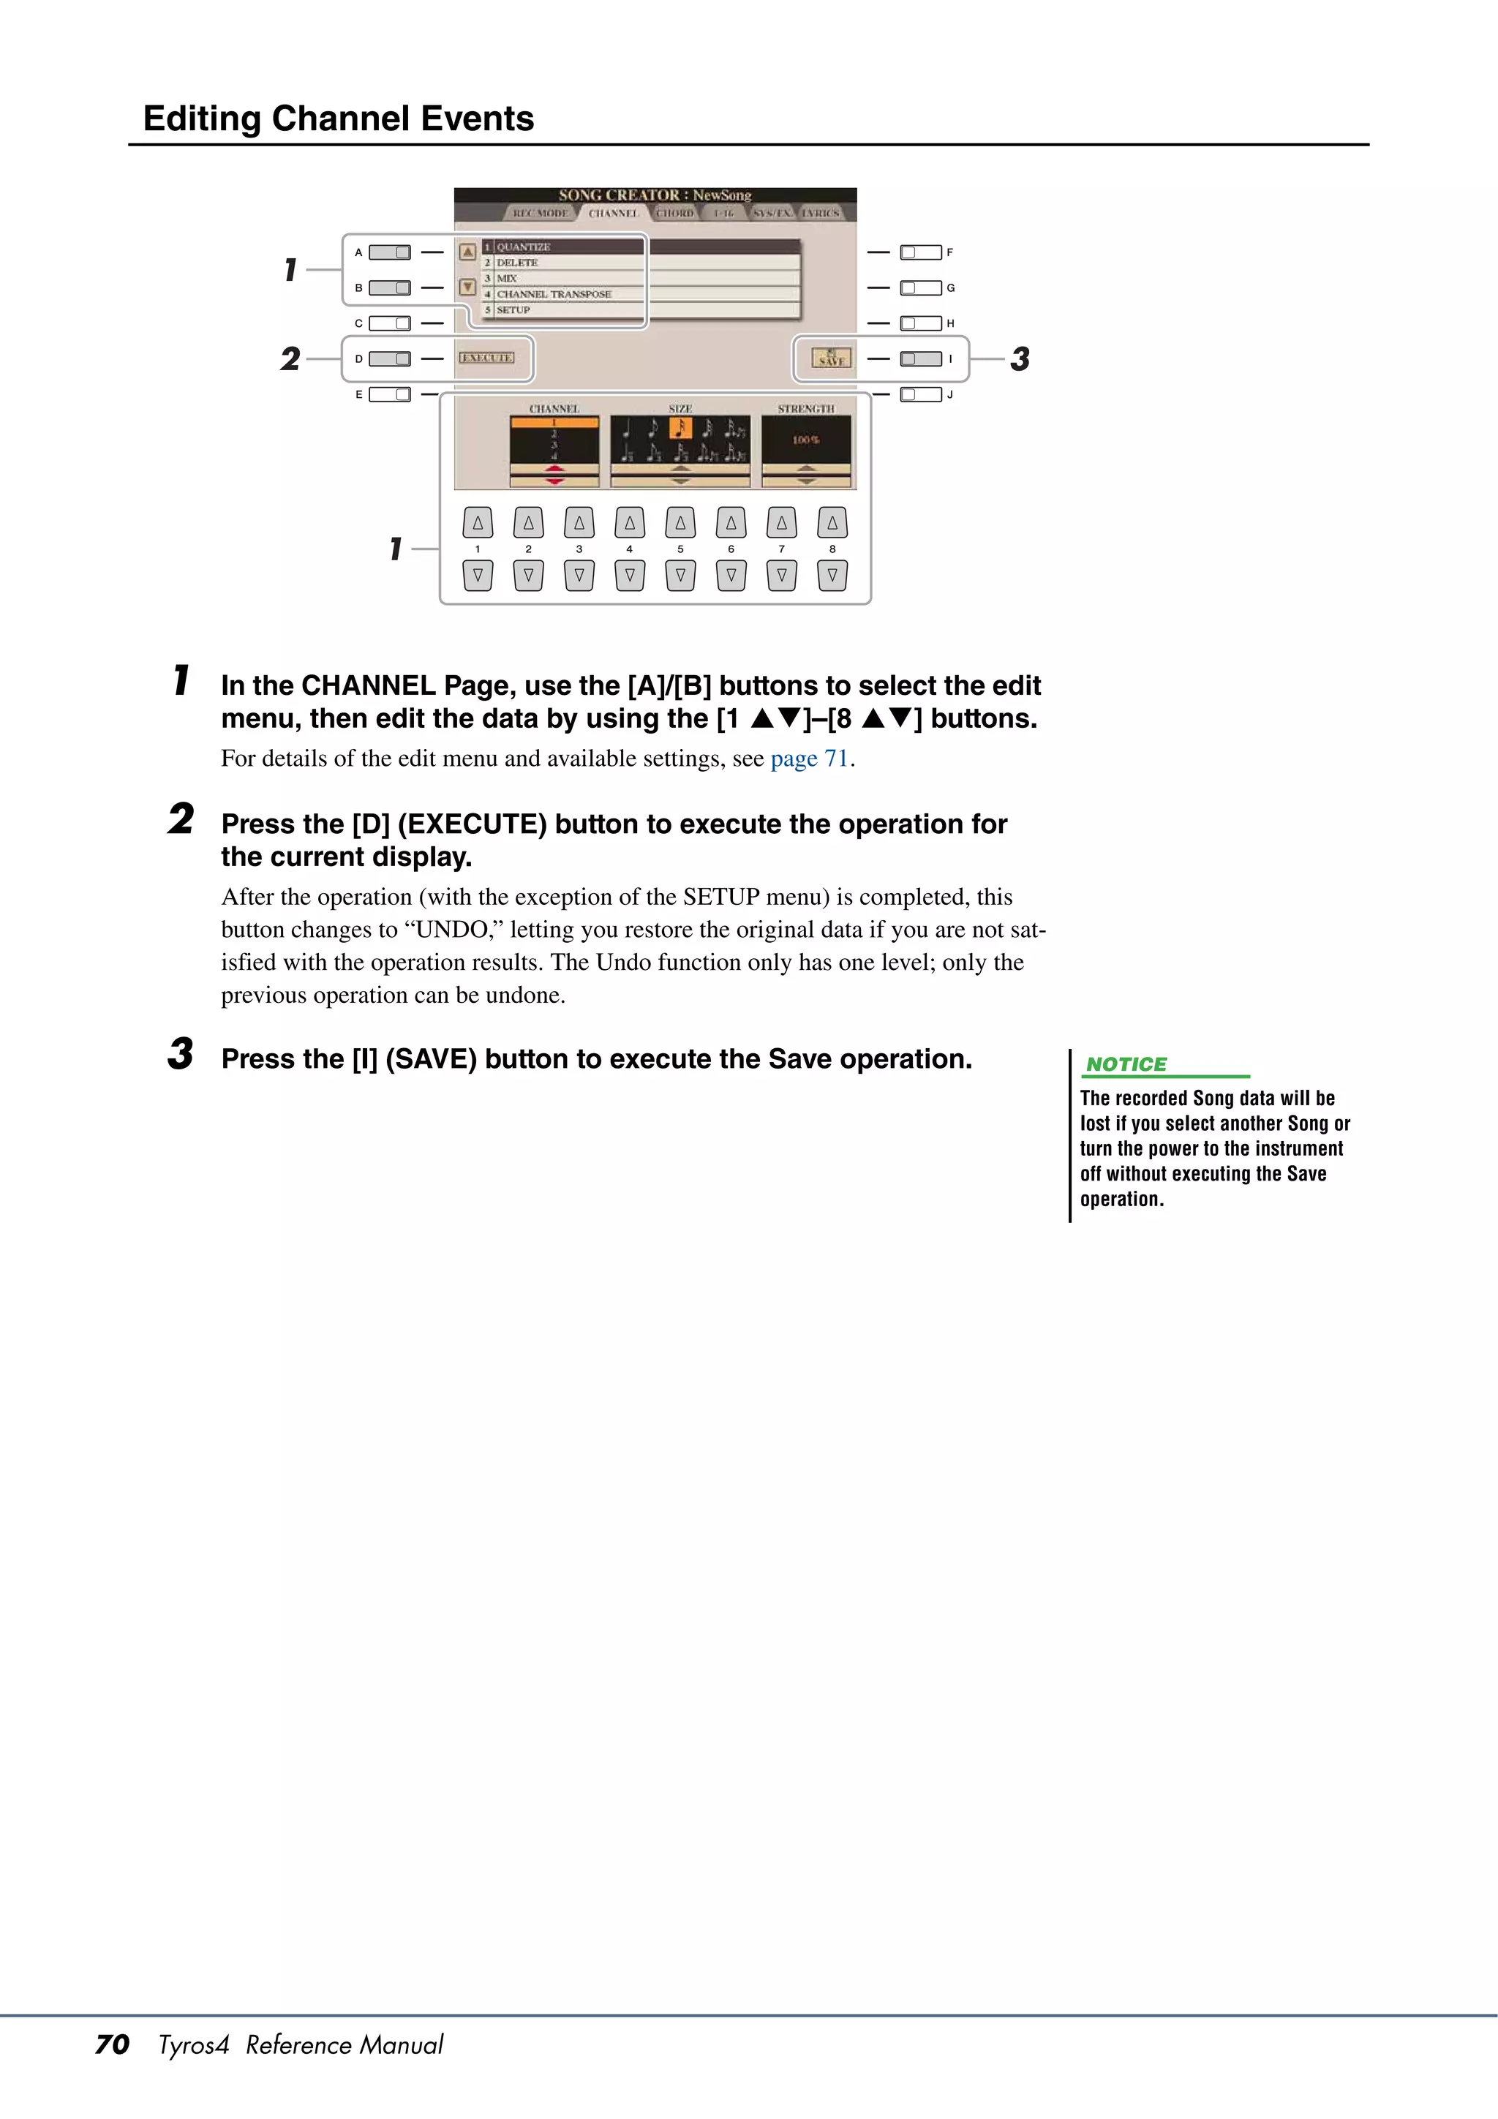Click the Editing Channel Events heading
click(x=338, y=119)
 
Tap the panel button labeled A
click(x=390, y=252)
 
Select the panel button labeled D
click(x=390, y=359)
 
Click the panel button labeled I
click(x=921, y=359)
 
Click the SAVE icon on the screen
click(x=831, y=358)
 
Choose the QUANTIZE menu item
click(x=523, y=247)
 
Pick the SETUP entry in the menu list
click(x=513, y=310)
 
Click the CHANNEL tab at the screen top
click(x=613, y=213)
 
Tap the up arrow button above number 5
click(x=680, y=523)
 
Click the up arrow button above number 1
click(x=477, y=523)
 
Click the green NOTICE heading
click(x=1126, y=1064)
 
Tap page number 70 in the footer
click(x=112, y=2044)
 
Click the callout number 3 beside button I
click(x=1020, y=359)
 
